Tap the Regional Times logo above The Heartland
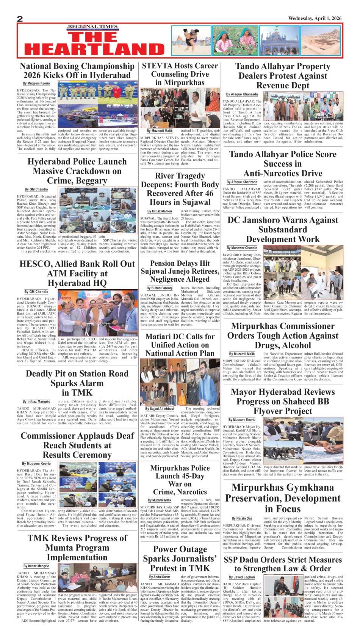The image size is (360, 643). point(93,27)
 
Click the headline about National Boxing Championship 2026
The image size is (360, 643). point(77,71)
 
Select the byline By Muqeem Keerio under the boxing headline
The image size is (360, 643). point(36,83)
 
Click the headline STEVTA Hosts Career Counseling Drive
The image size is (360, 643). point(180,74)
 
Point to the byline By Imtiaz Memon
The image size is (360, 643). point(160,212)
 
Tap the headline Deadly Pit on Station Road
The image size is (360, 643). point(77,383)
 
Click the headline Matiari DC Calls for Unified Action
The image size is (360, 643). point(180,345)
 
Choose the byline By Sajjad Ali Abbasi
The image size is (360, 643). point(160,409)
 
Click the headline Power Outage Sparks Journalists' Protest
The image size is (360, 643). point(180,558)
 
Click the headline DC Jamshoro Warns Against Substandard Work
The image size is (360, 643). point(283,229)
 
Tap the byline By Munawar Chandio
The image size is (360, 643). point(242,248)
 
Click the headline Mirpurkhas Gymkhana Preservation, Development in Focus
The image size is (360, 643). point(283,498)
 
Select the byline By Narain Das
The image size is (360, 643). point(242,518)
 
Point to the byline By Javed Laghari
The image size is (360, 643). point(242,577)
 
